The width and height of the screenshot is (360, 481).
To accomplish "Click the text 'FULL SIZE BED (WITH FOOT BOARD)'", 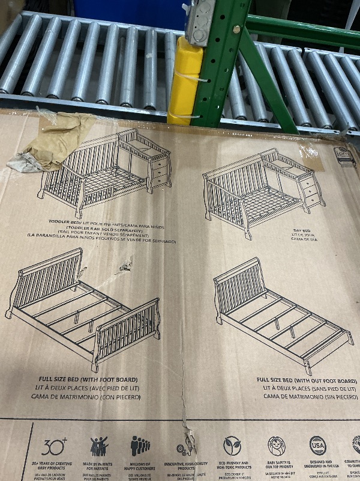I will point(87,380).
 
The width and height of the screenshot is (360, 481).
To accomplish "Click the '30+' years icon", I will point(52,446).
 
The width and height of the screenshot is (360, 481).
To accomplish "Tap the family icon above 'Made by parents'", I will point(99,446).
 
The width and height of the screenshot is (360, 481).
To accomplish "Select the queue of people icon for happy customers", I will point(140,446).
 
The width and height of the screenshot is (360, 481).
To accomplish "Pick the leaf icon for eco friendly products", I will point(232,446).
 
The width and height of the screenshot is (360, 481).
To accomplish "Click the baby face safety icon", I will point(277,446).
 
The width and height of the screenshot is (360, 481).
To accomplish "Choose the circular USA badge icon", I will point(318,446).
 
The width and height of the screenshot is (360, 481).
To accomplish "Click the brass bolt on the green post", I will point(236,29).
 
